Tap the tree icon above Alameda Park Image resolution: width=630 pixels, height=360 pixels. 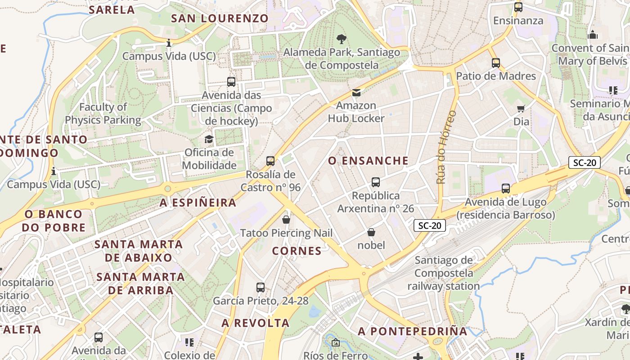[342, 39]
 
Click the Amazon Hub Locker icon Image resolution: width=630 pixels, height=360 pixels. [356, 93]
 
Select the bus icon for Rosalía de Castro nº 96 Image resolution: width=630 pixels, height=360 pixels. [270, 161]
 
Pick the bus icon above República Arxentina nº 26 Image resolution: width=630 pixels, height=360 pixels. [376, 182]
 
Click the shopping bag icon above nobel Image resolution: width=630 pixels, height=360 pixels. [371, 232]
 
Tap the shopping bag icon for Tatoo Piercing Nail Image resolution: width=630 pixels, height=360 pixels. [286, 220]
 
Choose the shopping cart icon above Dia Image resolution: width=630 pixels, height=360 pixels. [521, 108]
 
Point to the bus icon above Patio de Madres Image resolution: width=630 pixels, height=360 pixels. [496, 63]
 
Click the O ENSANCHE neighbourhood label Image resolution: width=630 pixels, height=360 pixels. [368, 161]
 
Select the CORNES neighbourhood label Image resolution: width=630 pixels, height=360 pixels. [297, 251]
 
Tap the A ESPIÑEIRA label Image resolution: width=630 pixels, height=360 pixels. [198, 202]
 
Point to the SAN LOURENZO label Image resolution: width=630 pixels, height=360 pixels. [220, 18]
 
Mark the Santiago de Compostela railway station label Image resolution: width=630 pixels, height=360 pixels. [444, 273]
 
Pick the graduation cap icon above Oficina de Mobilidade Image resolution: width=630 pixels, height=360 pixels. [209, 139]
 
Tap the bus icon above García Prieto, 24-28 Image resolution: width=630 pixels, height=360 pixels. [261, 288]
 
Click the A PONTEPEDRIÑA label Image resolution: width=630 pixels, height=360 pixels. [413, 331]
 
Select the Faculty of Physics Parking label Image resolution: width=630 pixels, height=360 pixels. [103, 113]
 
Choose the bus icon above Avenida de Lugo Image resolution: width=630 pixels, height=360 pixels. [506, 189]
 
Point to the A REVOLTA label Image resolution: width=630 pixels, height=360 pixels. [255, 323]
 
